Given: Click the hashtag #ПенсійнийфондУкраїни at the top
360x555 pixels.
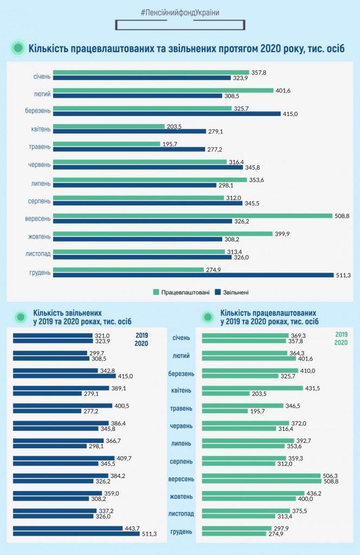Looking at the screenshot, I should pyautogui.click(x=179, y=12).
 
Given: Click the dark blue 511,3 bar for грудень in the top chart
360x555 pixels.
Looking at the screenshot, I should pyautogui.click(x=194, y=275).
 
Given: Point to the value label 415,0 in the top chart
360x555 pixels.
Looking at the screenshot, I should pyautogui.click(x=290, y=114).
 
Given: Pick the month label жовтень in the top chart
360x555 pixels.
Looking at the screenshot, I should pyautogui.click(x=40, y=236).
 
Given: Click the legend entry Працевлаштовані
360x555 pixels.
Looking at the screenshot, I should pyautogui.click(x=181, y=292).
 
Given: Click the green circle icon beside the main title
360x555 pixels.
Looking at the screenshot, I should pyautogui.click(x=18, y=48).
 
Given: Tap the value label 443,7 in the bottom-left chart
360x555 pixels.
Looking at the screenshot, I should pyautogui.click(x=132, y=528).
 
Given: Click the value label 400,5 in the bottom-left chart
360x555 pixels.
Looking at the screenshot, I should pyautogui.click(x=120, y=405).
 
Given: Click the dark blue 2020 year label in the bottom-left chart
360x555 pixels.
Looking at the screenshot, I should pyautogui.click(x=141, y=343).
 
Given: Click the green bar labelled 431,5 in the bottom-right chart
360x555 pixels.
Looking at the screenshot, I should pyautogui.click(x=252, y=388).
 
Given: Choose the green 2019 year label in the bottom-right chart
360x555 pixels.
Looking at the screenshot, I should pyautogui.click(x=341, y=335).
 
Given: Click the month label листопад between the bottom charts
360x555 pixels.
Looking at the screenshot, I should pyautogui.click(x=181, y=513).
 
